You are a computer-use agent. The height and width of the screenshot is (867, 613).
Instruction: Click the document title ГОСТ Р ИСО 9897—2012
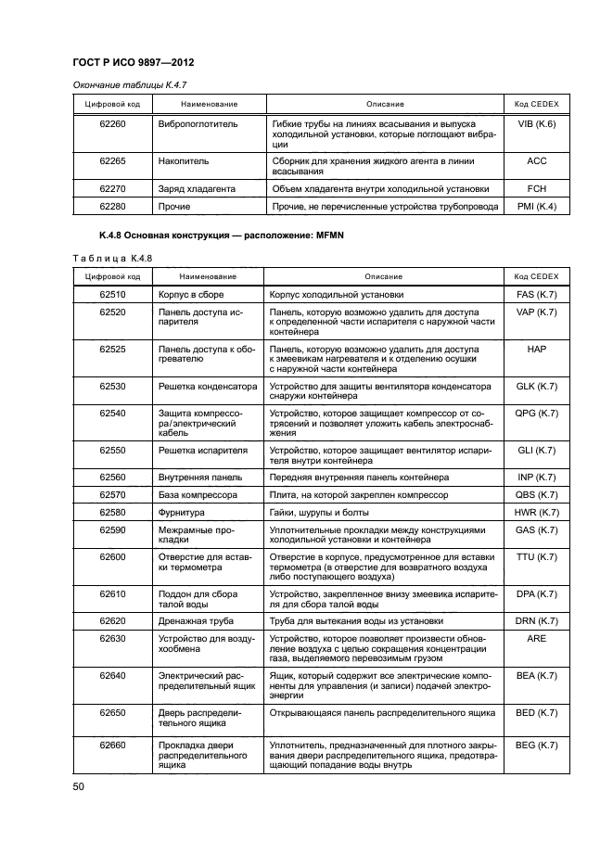tap(138, 62)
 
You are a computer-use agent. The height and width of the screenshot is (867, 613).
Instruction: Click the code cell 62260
tap(113, 123)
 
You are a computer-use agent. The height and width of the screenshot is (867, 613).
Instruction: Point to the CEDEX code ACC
tap(536, 160)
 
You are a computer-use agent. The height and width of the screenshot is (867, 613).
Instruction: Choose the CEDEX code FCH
tap(536, 188)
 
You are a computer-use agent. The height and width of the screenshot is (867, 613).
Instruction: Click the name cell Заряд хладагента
tap(197, 188)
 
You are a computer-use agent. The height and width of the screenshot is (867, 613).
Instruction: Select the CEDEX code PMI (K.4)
tap(536, 206)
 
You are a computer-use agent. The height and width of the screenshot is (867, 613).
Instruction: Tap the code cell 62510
tap(113, 294)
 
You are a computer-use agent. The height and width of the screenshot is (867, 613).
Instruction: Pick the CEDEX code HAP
tap(536, 350)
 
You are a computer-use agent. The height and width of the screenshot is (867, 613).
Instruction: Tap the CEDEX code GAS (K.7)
tap(536, 529)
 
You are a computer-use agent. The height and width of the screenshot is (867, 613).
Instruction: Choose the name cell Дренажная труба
tap(196, 620)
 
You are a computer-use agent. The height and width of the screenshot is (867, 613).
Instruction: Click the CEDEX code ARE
tap(536, 639)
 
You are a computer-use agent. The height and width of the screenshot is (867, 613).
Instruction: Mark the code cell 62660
tap(113, 746)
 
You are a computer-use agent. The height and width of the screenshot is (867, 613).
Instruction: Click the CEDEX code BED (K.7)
tap(536, 712)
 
